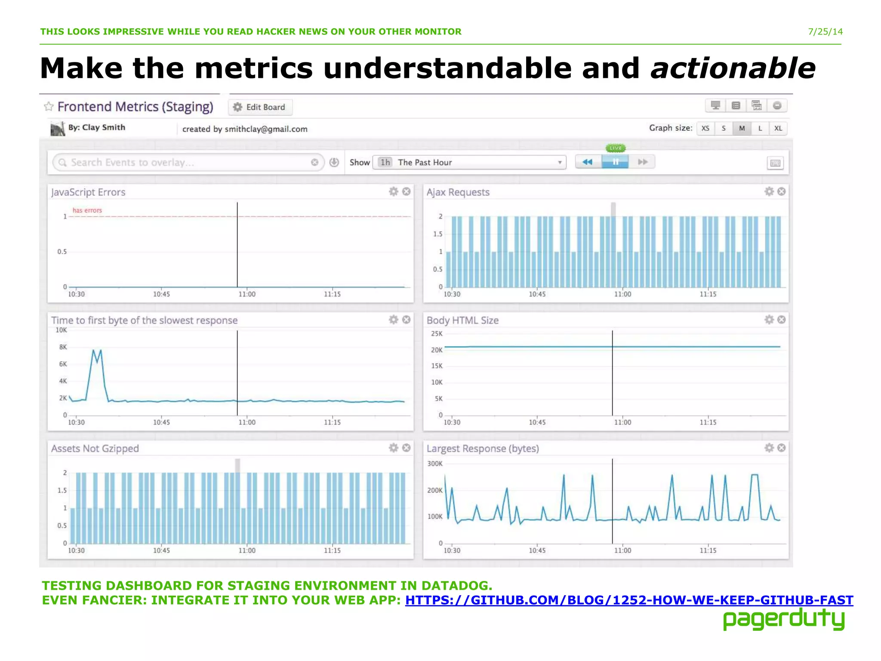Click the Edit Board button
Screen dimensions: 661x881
[260, 107]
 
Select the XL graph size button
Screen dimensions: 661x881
[778, 128]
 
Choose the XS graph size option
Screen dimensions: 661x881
[705, 128]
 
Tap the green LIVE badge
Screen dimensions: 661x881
[616, 148]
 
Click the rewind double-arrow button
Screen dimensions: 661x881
[588, 162]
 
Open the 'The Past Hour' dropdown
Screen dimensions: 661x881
[469, 162]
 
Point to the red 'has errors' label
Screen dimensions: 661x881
[87, 210]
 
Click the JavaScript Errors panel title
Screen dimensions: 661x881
[88, 192]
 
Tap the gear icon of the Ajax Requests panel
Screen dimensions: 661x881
[769, 192]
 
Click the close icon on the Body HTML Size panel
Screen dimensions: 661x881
[782, 319]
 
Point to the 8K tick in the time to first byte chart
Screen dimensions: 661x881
[63, 347]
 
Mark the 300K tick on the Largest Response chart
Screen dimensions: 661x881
[435, 463]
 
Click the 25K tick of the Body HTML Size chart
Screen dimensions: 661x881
[437, 334]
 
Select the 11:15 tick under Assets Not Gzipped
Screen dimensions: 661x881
[332, 550]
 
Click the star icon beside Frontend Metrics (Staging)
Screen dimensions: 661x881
[49, 106]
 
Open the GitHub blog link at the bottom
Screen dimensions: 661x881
[629, 600]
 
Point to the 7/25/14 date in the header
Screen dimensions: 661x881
[825, 32]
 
